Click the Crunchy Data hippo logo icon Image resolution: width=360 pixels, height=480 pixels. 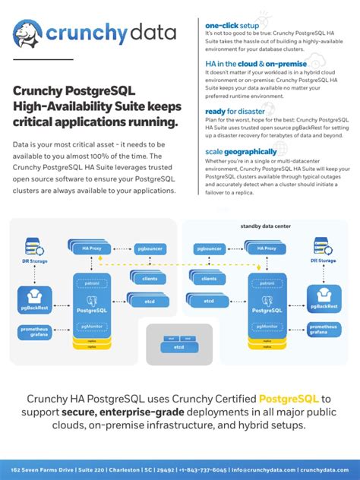(28, 33)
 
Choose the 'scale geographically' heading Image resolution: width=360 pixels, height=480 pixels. (240, 151)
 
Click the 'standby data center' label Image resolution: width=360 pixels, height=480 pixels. (265, 226)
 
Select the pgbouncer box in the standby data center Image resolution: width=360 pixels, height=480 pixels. (210, 248)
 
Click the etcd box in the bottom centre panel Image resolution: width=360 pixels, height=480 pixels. (179, 346)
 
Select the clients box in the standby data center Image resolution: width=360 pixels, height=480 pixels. (210, 279)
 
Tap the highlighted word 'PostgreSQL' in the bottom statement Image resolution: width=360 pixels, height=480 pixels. (289, 399)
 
